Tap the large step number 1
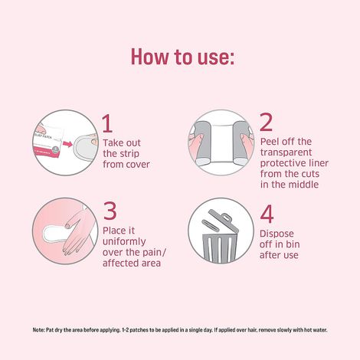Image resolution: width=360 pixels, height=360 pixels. point(108,124)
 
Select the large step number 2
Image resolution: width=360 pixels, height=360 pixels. point(266,123)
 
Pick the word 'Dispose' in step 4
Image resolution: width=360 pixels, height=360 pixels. point(277,234)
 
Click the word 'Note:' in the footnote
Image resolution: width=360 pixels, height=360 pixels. point(39,329)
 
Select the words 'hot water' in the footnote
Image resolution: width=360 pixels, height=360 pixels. point(313,329)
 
